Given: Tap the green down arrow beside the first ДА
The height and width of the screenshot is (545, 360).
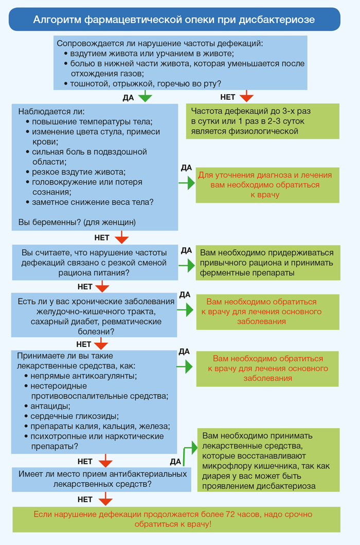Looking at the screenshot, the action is (145, 96).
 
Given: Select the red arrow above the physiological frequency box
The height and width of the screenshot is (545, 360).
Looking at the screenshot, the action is (246, 96).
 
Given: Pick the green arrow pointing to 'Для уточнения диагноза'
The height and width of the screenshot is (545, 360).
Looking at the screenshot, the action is (187, 183).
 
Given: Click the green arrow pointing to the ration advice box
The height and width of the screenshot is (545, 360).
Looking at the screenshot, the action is (187, 266).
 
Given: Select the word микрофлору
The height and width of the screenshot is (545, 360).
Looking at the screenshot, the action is (225, 466).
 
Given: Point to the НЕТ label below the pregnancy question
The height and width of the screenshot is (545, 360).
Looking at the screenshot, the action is (102, 238).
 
